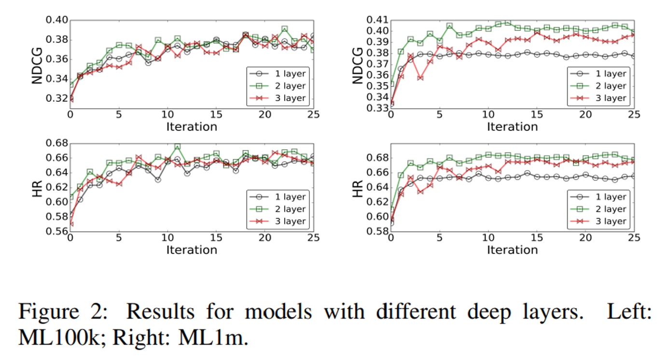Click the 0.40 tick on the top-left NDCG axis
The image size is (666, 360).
[56, 20]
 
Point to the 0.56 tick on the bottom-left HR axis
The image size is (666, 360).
[56, 231]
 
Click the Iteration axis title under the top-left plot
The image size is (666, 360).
[192, 127]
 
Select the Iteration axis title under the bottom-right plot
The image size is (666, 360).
[512, 250]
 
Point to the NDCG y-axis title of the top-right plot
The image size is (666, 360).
[357, 65]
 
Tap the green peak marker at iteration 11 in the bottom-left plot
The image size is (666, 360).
[178, 146]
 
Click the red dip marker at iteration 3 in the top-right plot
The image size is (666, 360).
[420, 78]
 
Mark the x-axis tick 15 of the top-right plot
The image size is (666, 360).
[537, 115]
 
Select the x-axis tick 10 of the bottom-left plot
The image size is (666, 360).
[167, 238]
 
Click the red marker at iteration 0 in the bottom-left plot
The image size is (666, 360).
[70, 224]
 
